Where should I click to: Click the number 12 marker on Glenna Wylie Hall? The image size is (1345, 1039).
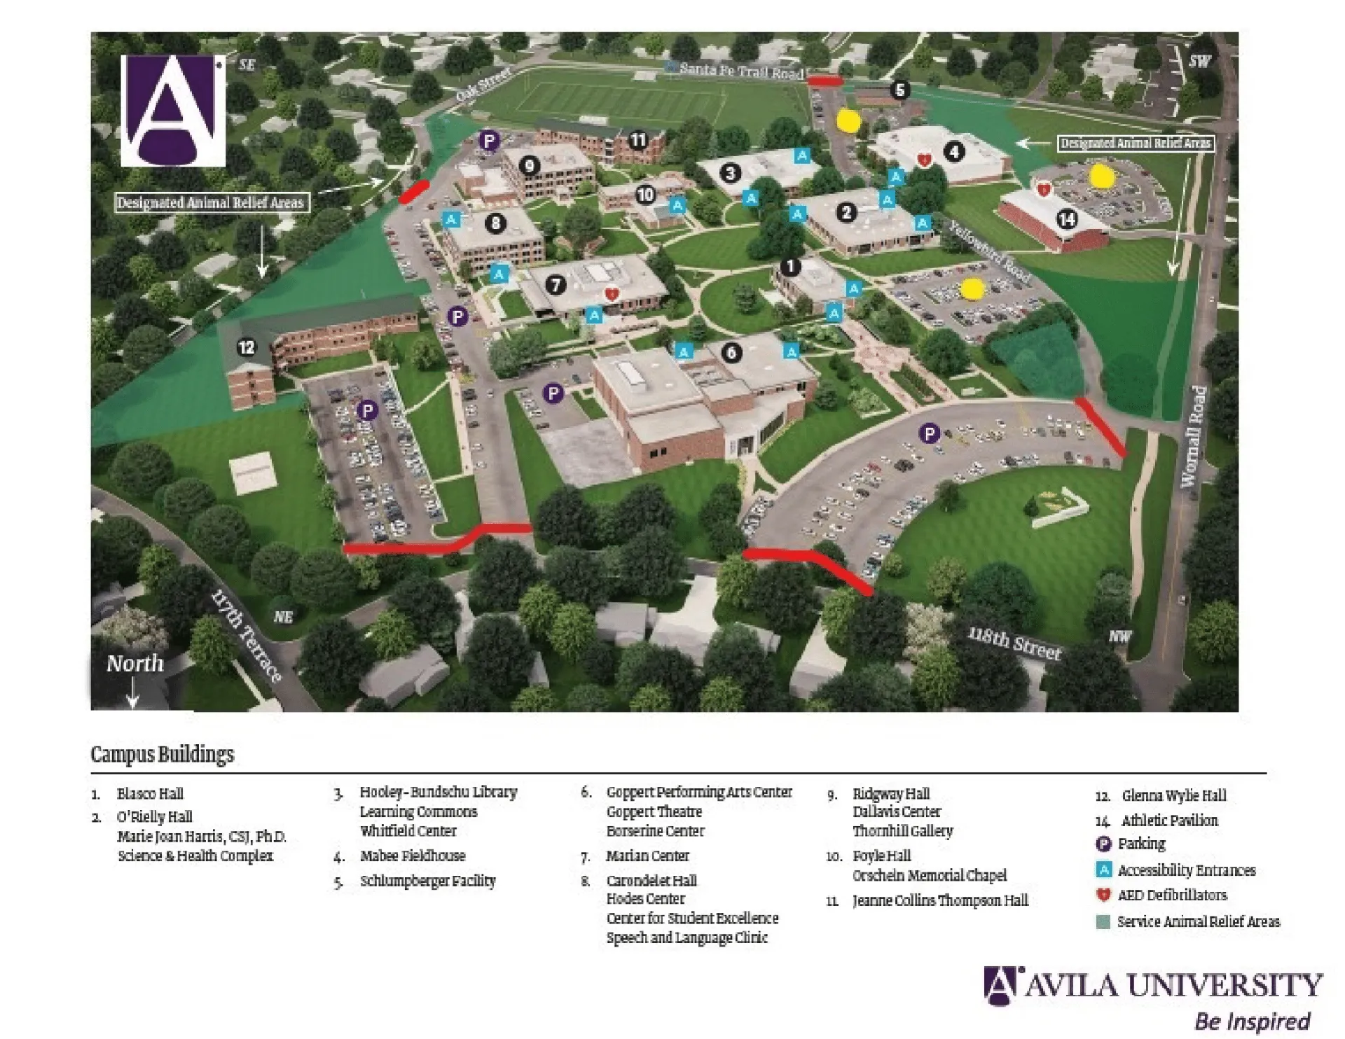click(x=246, y=347)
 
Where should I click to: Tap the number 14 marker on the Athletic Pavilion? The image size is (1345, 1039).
click(x=1066, y=220)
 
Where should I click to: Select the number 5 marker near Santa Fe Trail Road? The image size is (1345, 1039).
click(x=900, y=90)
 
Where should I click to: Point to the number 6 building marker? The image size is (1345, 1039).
click(x=732, y=352)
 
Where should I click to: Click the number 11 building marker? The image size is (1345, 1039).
click(x=637, y=140)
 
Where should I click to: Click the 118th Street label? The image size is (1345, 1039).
click(x=1014, y=643)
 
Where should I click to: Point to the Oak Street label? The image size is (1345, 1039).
click(x=483, y=85)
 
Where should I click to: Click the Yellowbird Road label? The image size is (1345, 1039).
click(x=989, y=251)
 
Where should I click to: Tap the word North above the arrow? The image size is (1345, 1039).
click(x=134, y=663)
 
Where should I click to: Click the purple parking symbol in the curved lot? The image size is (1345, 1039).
click(x=929, y=433)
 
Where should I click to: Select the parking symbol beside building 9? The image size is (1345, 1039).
click(x=489, y=141)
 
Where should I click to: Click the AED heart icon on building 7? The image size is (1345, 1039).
click(x=612, y=294)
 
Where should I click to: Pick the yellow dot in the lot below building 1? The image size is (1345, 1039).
click(x=972, y=289)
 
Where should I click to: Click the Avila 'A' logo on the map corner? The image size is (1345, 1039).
click(x=173, y=111)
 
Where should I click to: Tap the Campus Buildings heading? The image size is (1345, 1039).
click(x=163, y=754)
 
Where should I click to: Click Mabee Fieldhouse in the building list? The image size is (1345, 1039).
click(x=412, y=856)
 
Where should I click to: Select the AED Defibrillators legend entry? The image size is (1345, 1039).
click(x=1172, y=895)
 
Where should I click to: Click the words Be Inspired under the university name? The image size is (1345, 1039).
click(x=1252, y=1020)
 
